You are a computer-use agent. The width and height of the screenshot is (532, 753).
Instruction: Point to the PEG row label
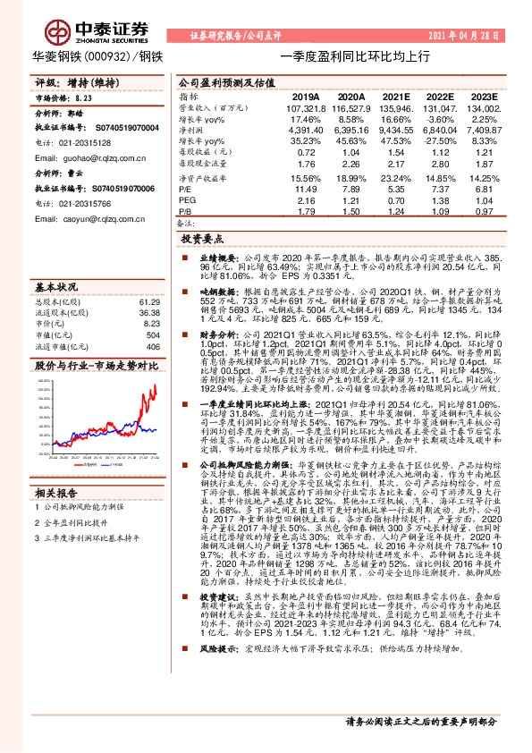coord(186,199)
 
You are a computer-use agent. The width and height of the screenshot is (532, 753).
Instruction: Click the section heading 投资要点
coord(201,240)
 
